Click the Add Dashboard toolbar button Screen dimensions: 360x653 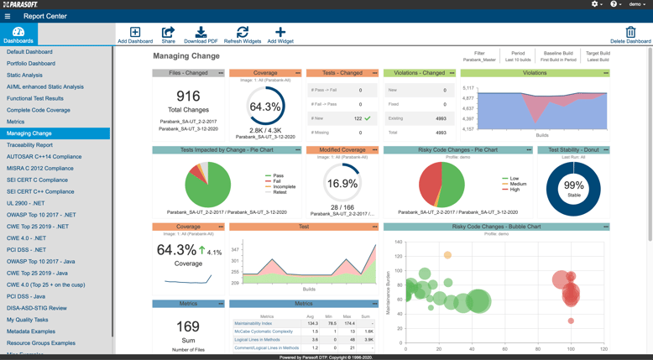[135, 34]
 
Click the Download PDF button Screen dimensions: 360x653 [201, 34]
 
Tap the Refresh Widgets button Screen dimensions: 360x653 [243, 34]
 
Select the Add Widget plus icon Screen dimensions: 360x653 [280, 32]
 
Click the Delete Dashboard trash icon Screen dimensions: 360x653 [630, 33]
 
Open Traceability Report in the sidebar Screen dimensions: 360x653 [29, 145]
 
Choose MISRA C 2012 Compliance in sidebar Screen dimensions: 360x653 [39, 169]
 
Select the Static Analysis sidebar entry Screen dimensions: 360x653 [24, 76]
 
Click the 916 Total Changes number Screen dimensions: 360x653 [188, 97]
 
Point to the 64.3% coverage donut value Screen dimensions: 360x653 [265, 107]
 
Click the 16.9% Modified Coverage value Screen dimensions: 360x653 [342, 184]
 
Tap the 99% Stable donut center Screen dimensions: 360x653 [573, 185]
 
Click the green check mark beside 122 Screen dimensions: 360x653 [368, 118]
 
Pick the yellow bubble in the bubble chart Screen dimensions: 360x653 [447, 255]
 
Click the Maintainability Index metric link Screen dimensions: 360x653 [253, 323]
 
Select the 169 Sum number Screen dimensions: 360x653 [188, 326]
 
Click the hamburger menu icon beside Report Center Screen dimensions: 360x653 [8, 16]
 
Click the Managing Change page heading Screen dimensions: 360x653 [185, 56]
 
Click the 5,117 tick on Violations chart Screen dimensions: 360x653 [468, 87]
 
